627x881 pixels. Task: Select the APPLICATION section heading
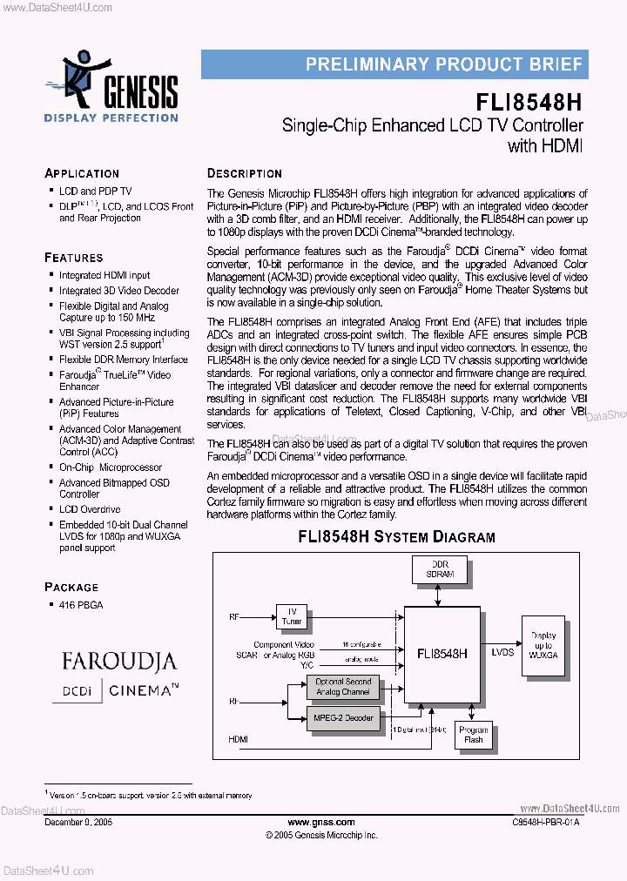[82, 173]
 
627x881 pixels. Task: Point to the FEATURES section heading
[74, 258]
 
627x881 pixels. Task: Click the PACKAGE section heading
[71, 587]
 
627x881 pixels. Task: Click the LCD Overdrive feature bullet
[90, 509]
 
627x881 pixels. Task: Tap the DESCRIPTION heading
[245, 173]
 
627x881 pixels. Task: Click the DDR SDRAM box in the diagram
[440, 569]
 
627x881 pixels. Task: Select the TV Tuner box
[292, 616]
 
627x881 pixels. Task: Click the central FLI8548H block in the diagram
[442, 653]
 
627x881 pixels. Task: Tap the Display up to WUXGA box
[543, 646]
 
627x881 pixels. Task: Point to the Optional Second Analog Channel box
[343, 687]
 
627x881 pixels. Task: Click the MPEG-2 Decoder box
[343, 718]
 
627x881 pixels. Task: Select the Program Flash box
[473, 735]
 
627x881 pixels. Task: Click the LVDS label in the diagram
[502, 651]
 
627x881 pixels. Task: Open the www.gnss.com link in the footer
[321, 822]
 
